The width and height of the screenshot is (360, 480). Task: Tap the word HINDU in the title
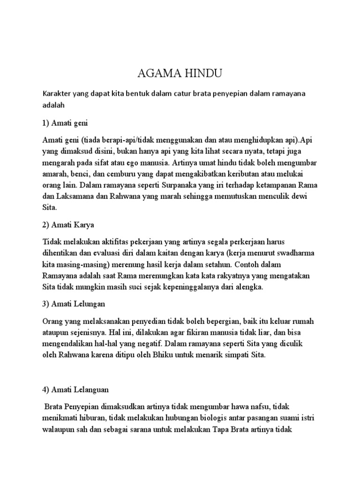(x=198, y=74)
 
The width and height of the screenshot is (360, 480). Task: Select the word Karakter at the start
(x=58, y=94)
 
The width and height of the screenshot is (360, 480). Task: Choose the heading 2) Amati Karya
(x=68, y=225)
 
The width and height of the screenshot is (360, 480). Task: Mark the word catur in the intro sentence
(x=186, y=94)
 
